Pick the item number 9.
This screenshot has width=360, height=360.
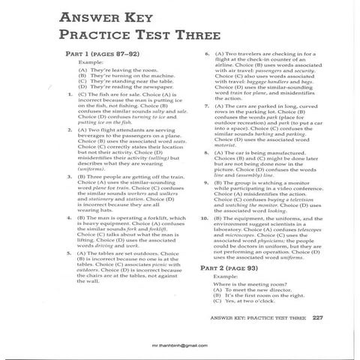click(x=205, y=182)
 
